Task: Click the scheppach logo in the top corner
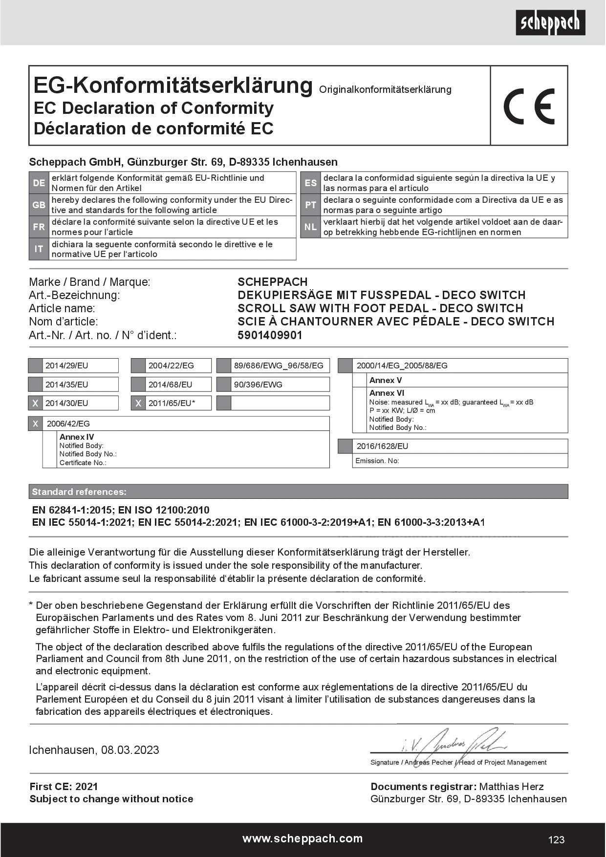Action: click(550, 22)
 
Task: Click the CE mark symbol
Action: click(529, 106)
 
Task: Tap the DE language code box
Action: click(39, 183)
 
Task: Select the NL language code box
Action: click(311, 227)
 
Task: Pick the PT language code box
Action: click(311, 205)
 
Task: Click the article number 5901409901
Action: click(270, 335)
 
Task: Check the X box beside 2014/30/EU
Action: click(35, 403)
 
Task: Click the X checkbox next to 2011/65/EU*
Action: click(138, 403)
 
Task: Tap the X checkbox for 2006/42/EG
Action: click(35, 424)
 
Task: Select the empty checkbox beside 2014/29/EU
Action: click(35, 365)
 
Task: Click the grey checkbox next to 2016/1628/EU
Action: click(345, 446)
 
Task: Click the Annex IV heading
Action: click(77, 437)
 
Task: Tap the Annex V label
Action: click(386, 380)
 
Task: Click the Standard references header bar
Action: click(298, 492)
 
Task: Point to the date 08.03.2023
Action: click(130, 750)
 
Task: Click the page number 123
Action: click(556, 839)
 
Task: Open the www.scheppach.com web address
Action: click(303, 838)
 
